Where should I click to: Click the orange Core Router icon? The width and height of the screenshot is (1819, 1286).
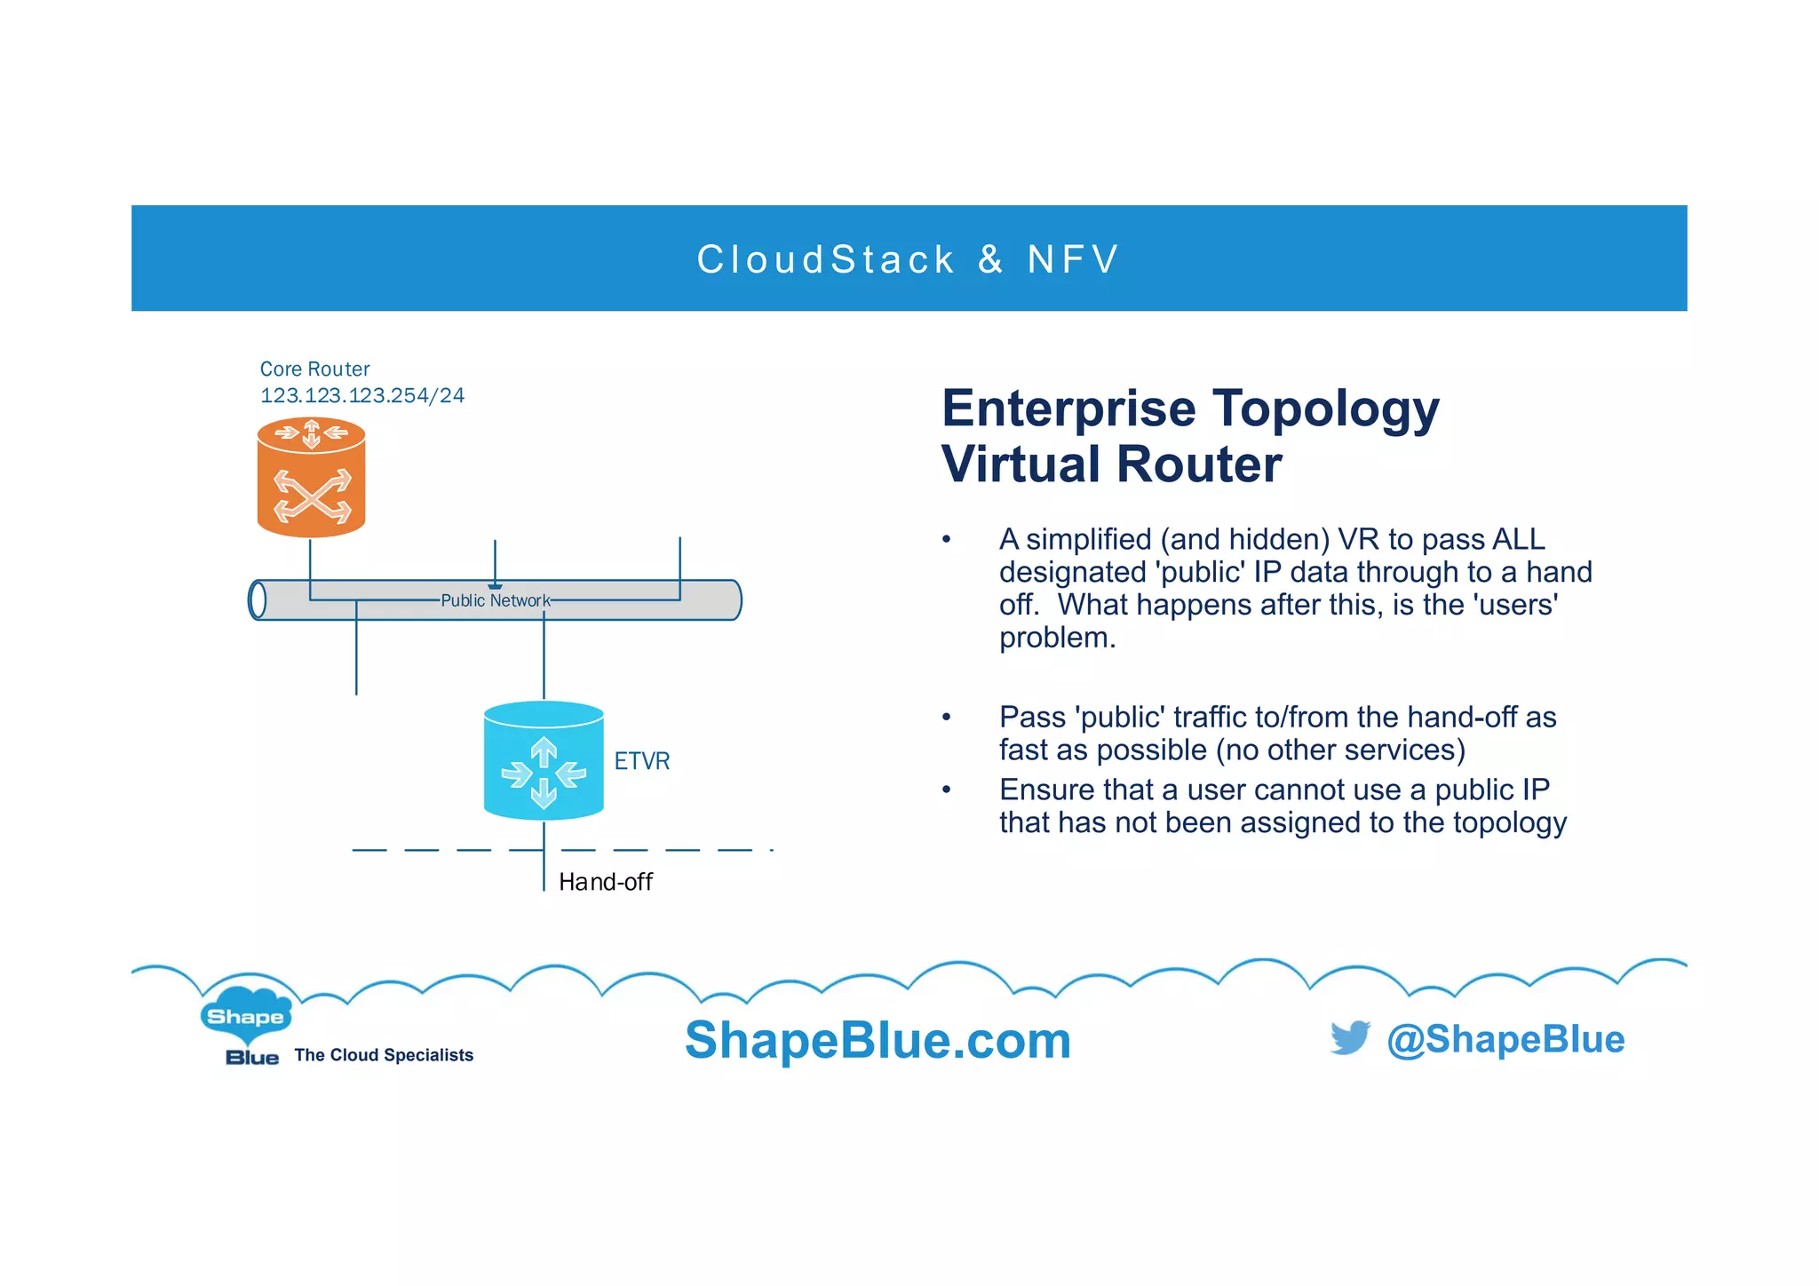tap(311, 478)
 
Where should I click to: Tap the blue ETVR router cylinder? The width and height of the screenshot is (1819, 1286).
tap(544, 761)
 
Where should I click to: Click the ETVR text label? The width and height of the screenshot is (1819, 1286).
tap(641, 761)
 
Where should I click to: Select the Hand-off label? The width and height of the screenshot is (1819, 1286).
tap(605, 882)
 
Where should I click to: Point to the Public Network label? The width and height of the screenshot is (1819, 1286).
tap(495, 600)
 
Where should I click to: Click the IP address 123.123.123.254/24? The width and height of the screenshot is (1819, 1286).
tap(361, 395)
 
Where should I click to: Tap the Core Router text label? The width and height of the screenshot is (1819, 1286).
tap(314, 369)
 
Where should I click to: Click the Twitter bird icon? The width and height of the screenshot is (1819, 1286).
tap(1350, 1037)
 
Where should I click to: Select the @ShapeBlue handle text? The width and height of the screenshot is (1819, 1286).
tap(1505, 1039)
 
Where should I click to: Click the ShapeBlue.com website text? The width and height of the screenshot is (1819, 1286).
tap(878, 1040)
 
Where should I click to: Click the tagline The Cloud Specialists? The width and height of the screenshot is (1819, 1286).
tap(384, 1055)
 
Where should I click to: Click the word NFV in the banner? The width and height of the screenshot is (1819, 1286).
tap(1073, 259)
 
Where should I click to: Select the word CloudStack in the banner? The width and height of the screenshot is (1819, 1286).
tap(825, 259)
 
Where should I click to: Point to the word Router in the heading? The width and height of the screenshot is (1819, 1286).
tap(1199, 464)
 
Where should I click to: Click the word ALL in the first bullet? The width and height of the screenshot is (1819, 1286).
tap(1518, 539)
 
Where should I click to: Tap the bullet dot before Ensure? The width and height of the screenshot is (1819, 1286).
tap(947, 790)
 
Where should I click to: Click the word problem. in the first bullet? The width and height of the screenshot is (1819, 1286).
tap(1056, 637)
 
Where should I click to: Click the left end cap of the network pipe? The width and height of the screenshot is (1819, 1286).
tap(257, 599)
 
